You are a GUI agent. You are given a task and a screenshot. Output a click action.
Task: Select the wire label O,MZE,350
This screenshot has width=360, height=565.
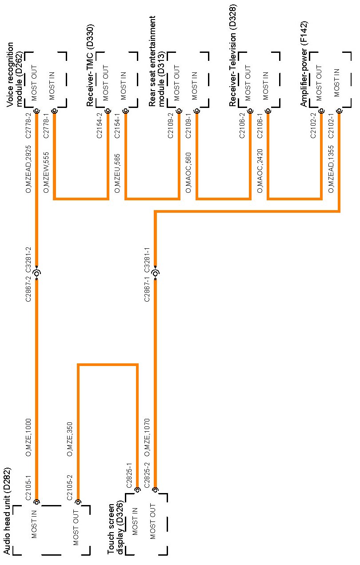coord(70,439)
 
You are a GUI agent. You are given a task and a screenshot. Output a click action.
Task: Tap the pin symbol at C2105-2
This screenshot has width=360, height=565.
coord(78,502)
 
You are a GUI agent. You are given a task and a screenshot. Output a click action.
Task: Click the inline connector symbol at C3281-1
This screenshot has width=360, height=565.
coord(156,273)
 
